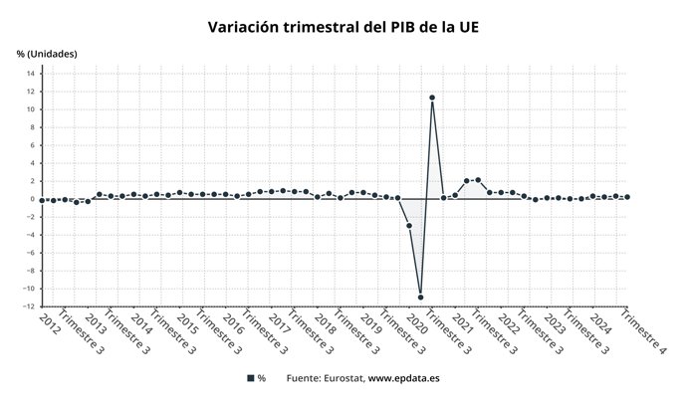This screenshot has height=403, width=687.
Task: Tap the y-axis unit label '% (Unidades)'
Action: (47, 53)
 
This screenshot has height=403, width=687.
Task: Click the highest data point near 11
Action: (432, 98)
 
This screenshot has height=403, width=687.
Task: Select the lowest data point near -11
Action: (420, 297)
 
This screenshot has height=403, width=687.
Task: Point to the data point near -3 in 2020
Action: (409, 226)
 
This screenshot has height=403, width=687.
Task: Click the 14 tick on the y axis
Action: (31, 73)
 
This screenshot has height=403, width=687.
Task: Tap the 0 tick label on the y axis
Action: (33, 199)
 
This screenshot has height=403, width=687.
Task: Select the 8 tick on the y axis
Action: (33, 126)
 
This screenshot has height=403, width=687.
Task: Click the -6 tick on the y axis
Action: (31, 253)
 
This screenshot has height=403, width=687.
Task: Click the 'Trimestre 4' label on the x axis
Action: (643, 333)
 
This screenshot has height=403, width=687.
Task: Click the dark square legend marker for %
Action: (250, 379)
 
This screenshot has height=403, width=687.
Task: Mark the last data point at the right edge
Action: (626, 197)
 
